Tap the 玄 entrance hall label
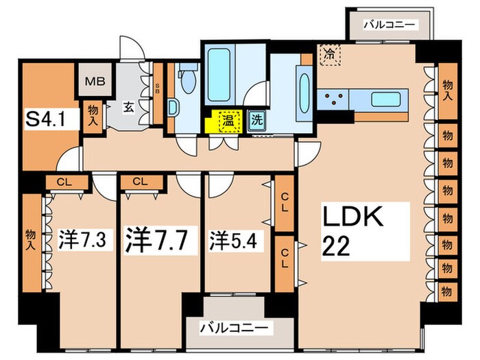[128, 107]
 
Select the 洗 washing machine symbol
[256, 119]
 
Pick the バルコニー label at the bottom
[235, 327]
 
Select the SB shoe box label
[157, 87]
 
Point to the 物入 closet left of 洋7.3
[30, 233]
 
